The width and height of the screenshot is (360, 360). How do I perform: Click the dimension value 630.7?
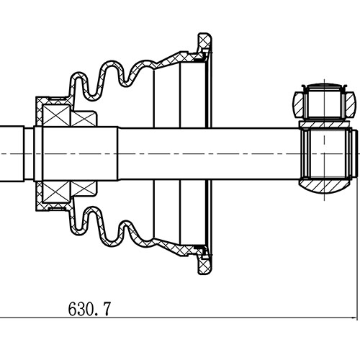click(89, 310)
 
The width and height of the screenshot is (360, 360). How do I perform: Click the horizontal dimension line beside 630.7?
click(216, 318)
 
